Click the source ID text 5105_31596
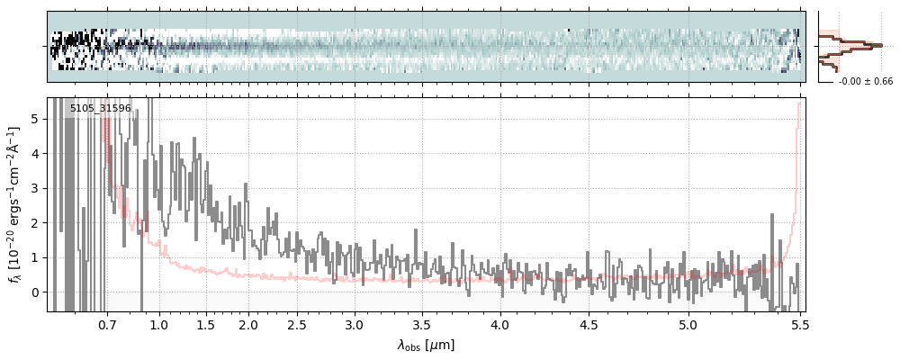coord(101,109)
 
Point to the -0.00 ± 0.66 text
coord(866,82)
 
